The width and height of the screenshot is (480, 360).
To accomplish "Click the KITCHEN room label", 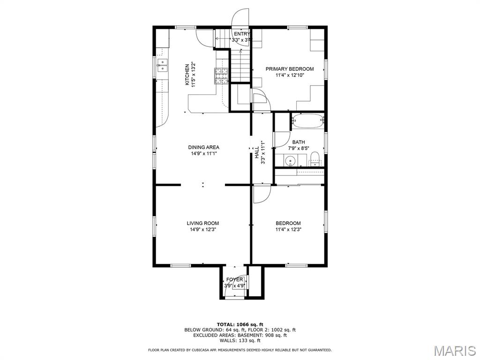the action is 187,75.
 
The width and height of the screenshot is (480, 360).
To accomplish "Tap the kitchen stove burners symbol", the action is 222,76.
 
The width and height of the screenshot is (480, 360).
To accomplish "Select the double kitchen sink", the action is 162,65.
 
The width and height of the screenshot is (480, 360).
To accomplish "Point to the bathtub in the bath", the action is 307,121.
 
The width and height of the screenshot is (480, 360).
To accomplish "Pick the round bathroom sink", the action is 290,160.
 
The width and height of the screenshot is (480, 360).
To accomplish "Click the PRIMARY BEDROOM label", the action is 290,69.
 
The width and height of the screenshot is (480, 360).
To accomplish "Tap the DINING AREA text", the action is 203,147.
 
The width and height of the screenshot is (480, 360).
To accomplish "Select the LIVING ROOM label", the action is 203,223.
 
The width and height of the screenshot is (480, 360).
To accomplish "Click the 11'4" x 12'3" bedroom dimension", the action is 288,229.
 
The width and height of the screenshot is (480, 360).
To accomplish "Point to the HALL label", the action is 257,152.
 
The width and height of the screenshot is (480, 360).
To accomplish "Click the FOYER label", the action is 234,279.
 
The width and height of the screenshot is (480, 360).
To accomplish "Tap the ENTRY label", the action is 242,34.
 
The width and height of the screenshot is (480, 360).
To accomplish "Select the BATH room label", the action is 299,142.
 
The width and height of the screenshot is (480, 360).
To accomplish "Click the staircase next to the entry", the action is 240,65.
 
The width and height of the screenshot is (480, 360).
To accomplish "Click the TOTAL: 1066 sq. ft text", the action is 240,324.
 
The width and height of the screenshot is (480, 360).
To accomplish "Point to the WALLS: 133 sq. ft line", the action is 240,340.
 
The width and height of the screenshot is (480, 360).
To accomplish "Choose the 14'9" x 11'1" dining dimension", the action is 203,153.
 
